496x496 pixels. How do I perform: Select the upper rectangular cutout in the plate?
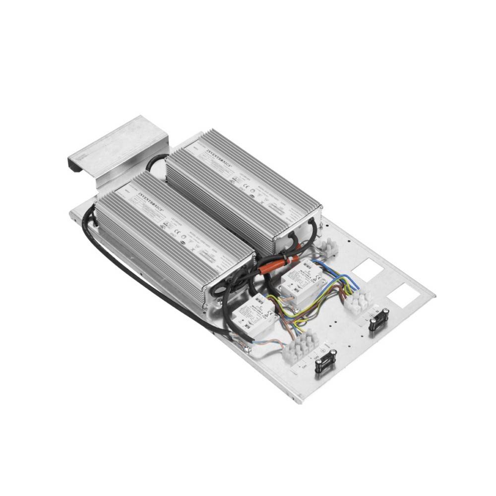point(368,270)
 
